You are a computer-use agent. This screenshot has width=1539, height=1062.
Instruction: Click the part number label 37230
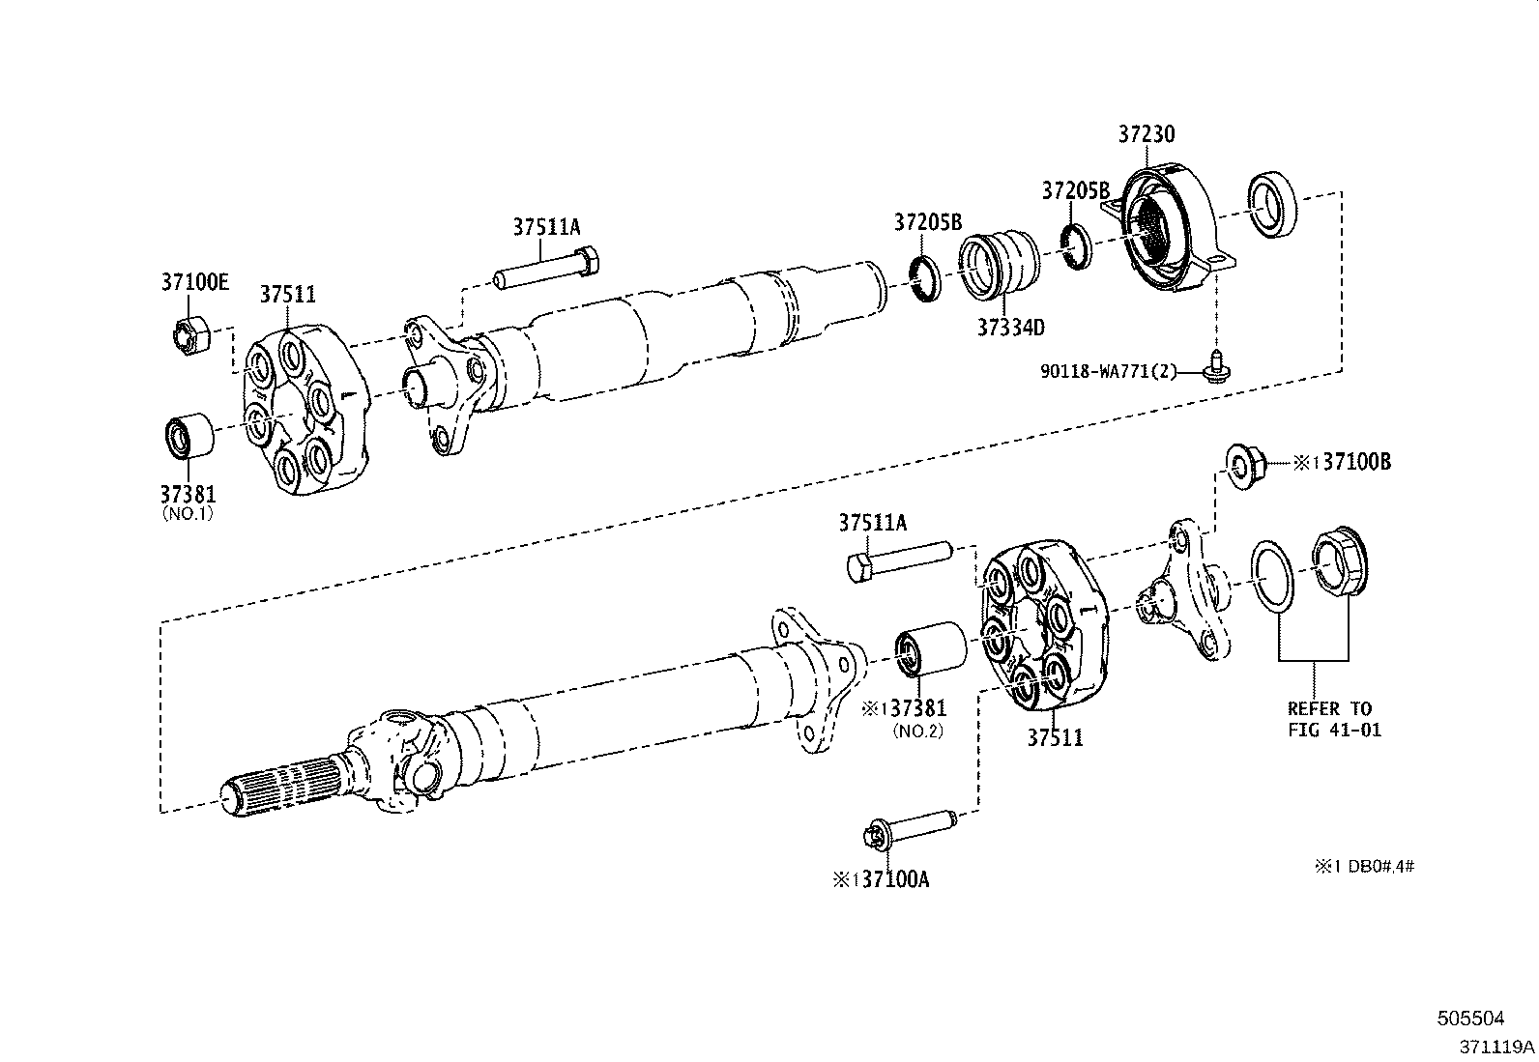click(x=1147, y=135)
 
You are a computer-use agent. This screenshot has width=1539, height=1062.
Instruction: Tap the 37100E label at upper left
click(x=194, y=282)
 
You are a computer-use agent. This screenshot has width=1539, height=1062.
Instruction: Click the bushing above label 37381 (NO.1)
click(x=187, y=436)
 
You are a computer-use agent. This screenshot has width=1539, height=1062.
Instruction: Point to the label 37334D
click(x=1009, y=327)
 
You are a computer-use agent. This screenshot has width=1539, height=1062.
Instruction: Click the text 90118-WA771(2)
click(x=1109, y=371)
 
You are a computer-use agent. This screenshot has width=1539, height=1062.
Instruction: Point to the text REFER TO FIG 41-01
click(x=1334, y=719)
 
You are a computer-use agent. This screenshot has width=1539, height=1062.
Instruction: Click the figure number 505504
click(x=1470, y=1018)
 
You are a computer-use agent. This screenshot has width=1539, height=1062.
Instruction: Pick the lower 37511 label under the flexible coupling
click(x=1055, y=738)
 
